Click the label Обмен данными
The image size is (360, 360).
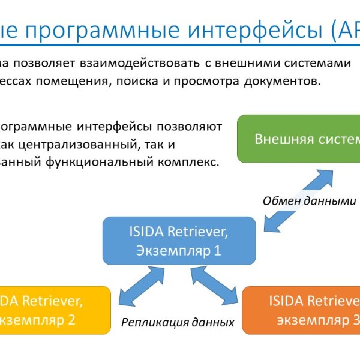(x=309, y=201)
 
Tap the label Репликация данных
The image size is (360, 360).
(x=178, y=322)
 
